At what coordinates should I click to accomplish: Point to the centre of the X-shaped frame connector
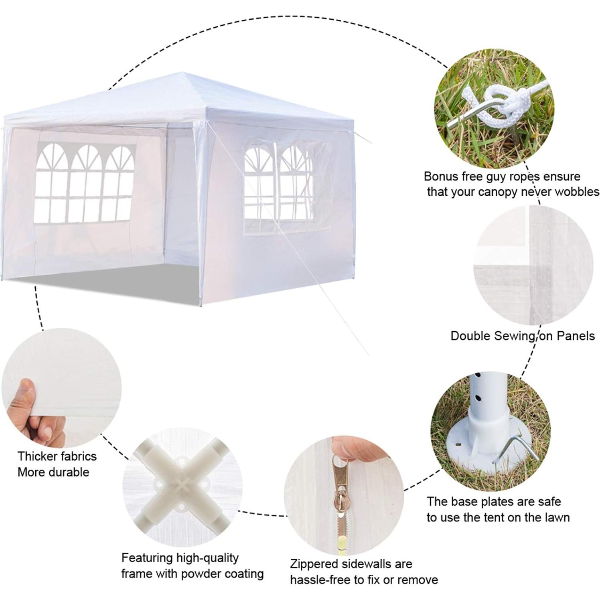182,486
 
